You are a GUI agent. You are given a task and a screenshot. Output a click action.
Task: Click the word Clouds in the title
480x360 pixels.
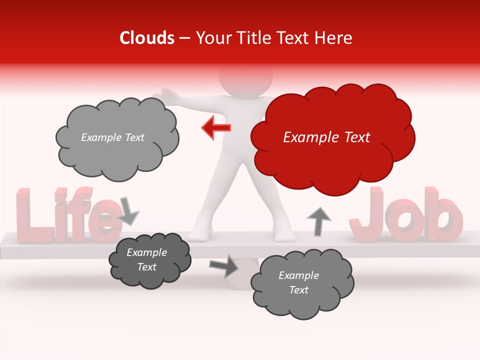(x=147, y=38)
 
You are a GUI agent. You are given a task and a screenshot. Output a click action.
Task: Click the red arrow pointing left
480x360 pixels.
(x=216, y=128)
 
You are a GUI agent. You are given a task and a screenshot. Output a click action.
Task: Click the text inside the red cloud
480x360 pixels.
(x=326, y=137)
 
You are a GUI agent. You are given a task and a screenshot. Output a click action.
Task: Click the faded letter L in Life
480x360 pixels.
(x=29, y=215)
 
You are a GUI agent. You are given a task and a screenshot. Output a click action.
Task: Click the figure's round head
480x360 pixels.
(x=246, y=75)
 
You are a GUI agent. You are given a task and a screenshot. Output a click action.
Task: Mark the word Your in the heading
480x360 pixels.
(x=211, y=38)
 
